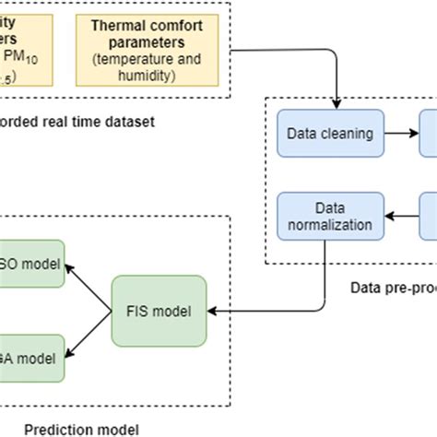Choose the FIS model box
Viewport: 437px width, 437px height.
click(x=159, y=311)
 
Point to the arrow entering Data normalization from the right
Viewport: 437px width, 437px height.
click(x=395, y=215)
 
